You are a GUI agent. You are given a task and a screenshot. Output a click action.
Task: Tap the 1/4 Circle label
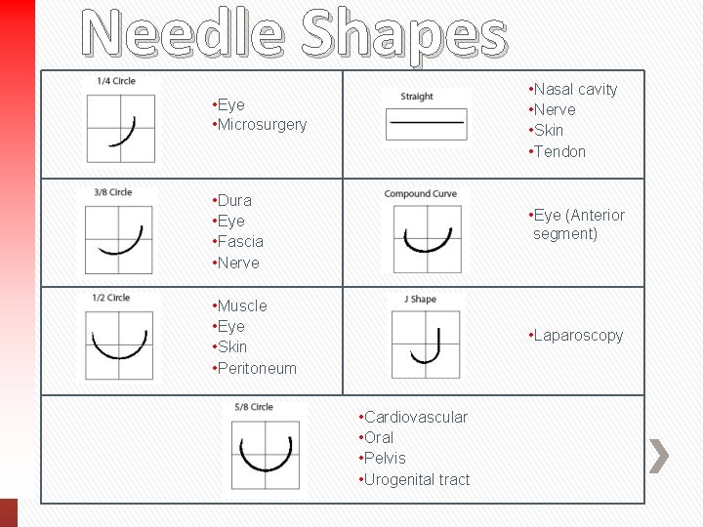point(116,81)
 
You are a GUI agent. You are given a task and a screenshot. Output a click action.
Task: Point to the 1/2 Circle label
point(110,298)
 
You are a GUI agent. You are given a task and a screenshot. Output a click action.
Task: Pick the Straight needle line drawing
point(425,123)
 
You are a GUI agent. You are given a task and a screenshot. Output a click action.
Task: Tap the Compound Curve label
point(421,193)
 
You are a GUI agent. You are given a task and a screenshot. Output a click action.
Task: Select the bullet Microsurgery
point(262,125)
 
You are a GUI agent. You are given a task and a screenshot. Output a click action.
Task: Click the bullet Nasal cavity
point(575,90)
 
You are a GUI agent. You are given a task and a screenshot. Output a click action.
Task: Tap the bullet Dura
point(234,200)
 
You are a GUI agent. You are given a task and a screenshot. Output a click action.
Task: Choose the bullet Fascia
point(240,241)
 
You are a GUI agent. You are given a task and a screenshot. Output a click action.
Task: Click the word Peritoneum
point(257,368)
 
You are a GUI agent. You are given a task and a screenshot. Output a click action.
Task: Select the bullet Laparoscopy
point(578,336)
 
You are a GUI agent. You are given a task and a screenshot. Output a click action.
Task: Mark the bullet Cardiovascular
point(415,418)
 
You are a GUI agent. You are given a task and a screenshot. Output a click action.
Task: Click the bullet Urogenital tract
point(417,479)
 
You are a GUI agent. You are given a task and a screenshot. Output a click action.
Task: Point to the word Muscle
point(242,305)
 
